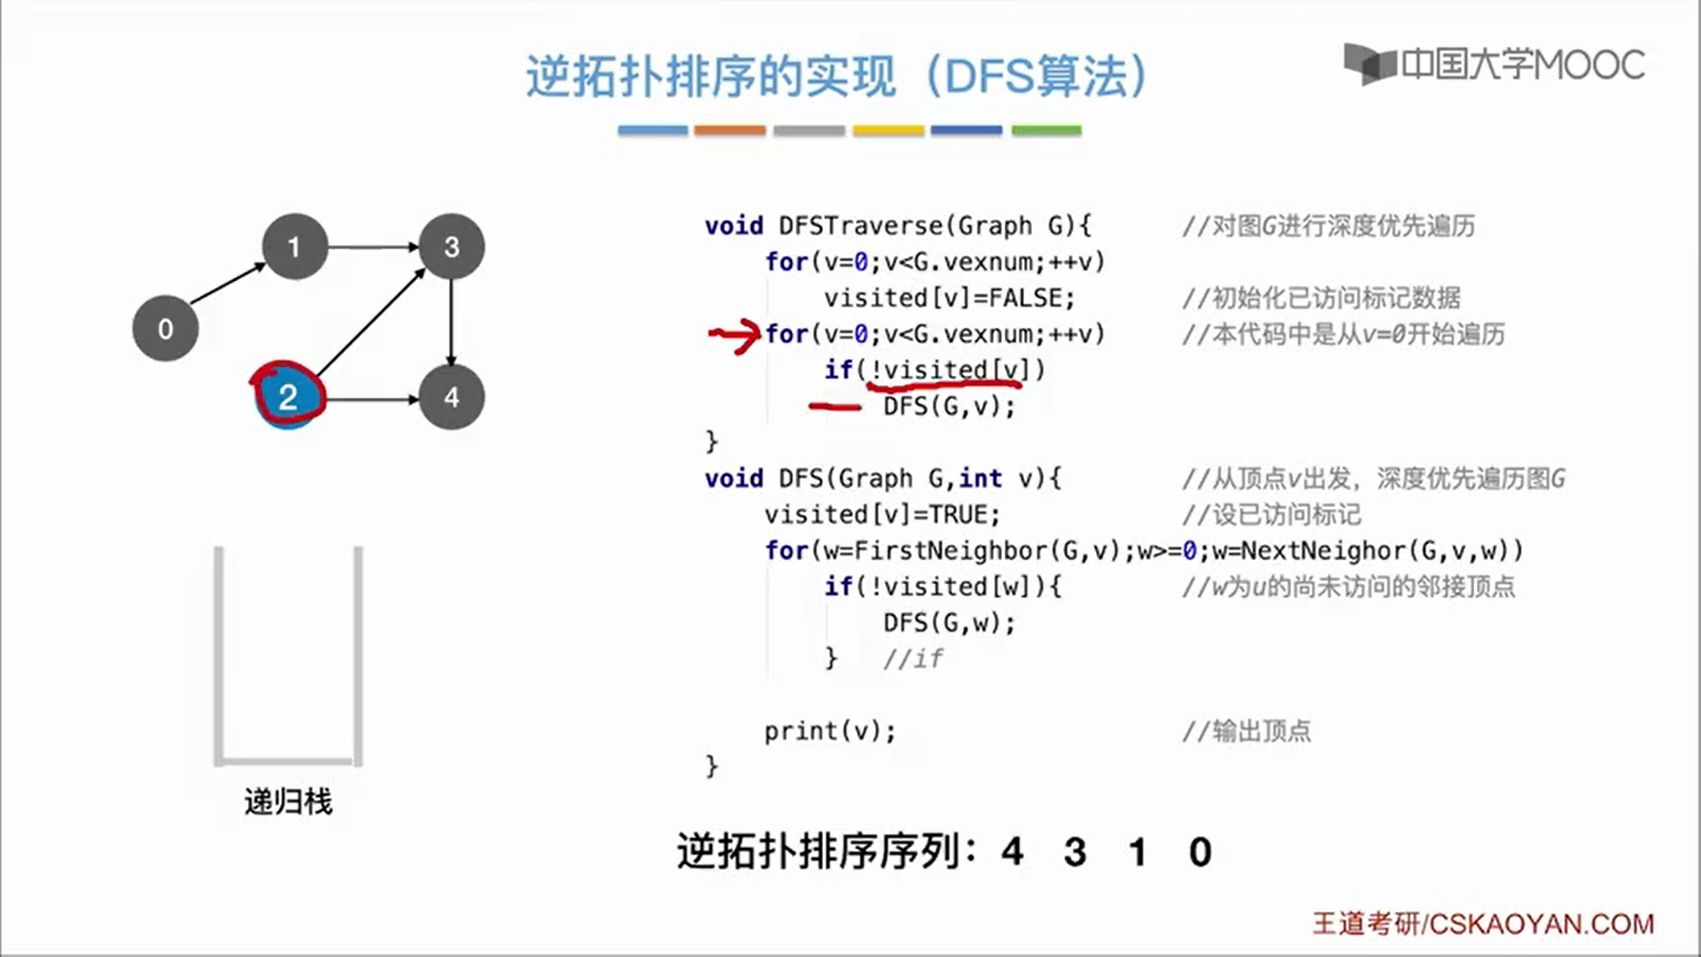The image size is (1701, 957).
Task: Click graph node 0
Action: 165,329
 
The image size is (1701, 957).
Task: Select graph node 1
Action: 294,246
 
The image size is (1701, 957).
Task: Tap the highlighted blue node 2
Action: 288,397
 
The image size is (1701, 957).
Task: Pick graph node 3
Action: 452,246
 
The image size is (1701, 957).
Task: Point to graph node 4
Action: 452,397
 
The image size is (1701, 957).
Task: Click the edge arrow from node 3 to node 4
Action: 452,323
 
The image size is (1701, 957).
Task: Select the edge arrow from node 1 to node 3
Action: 373,246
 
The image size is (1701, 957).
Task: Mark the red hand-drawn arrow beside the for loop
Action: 734,336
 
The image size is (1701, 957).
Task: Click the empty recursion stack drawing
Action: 288,656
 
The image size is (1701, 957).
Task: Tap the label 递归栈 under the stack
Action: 288,802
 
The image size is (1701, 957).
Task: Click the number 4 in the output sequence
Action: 1013,852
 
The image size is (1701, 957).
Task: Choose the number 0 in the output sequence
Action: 1200,852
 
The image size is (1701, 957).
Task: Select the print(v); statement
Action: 830,731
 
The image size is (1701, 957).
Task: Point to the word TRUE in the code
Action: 957,515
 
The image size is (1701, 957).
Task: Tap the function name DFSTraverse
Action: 860,226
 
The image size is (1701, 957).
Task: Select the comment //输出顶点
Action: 1247,731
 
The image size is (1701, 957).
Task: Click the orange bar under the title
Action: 729,130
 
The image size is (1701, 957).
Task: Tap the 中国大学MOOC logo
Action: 1495,65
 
